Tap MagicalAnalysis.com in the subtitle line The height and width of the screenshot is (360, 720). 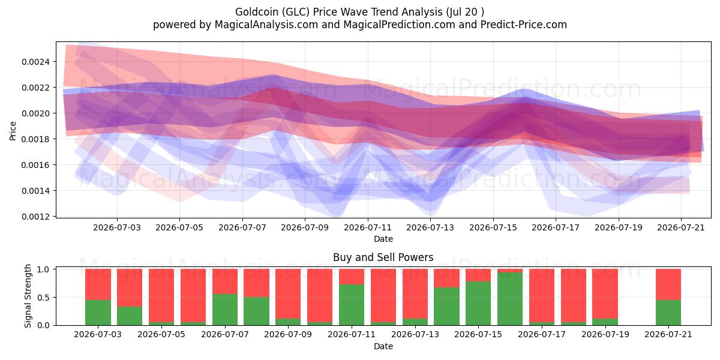click(x=266, y=25)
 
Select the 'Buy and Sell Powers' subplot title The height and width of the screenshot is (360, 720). click(x=383, y=257)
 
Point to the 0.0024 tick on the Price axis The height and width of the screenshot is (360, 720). click(x=35, y=62)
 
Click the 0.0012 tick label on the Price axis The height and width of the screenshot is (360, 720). click(x=35, y=217)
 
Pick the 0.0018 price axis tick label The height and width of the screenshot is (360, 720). click(x=35, y=139)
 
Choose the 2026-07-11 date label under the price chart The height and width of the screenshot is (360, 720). click(x=368, y=227)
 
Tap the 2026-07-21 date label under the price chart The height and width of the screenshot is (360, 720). click(x=681, y=227)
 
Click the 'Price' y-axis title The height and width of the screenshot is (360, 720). click(x=13, y=131)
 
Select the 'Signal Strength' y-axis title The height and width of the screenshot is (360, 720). click(x=28, y=296)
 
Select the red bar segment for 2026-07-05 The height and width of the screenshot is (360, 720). click(x=161, y=295)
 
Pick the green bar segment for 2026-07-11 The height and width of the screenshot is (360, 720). click(x=352, y=305)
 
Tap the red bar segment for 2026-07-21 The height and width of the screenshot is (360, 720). click(x=668, y=284)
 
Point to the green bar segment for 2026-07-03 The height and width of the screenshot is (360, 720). click(x=98, y=313)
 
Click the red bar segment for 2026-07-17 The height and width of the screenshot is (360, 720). click(x=542, y=295)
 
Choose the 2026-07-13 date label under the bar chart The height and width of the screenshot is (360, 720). click(x=415, y=334)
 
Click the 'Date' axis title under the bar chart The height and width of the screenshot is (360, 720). click(x=383, y=346)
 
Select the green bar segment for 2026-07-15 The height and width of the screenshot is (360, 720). click(x=478, y=303)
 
